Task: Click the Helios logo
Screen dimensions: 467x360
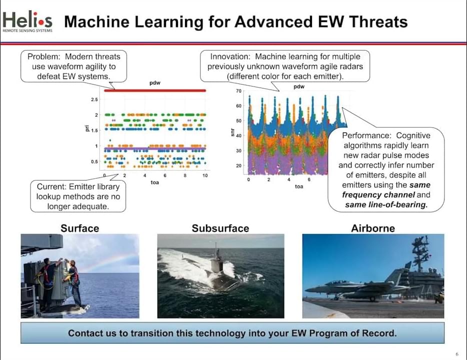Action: [27, 21]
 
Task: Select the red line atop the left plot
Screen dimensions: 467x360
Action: [155, 90]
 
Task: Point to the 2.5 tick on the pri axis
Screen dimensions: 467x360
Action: [94, 99]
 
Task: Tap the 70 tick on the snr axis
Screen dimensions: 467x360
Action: [238, 91]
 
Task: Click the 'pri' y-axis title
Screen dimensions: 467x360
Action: [87, 128]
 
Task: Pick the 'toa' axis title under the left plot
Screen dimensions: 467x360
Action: [154, 182]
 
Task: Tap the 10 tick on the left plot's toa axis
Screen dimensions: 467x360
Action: [205, 175]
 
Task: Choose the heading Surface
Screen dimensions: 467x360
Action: [80, 228]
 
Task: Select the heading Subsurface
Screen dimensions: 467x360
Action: [220, 228]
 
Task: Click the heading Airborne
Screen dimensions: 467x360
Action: [373, 228]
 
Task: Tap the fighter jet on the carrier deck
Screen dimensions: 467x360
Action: [357, 288]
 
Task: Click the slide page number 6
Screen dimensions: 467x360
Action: [457, 354]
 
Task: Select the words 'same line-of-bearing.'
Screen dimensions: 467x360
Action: [386, 205]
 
